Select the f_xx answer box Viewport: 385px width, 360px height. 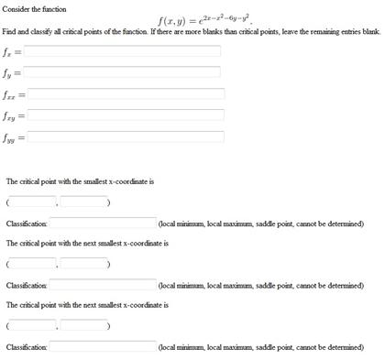click(126, 93)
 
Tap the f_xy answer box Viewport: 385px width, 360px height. click(126, 115)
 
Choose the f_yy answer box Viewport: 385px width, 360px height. click(126, 136)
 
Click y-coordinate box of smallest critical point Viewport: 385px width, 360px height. click(84, 202)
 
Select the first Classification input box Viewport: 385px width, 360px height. click(103, 223)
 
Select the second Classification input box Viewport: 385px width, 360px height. click(103, 285)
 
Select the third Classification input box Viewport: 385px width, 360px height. click(103, 347)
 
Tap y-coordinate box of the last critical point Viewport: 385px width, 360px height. click(84, 325)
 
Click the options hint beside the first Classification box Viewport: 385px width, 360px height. click(261, 224)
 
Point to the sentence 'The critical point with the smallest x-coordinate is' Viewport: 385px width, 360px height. click(80, 181)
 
